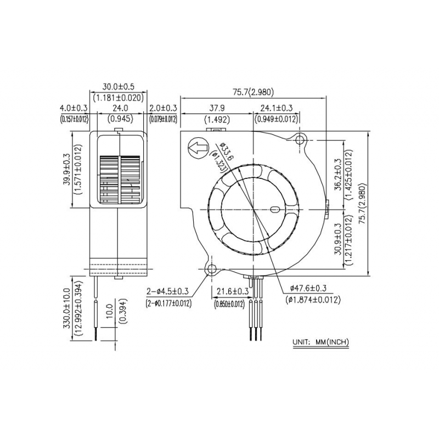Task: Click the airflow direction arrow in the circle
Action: (x=199, y=148)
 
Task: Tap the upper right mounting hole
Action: (x=300, y=139)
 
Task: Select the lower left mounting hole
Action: (x=211, y=269)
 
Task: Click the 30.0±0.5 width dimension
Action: (x=118, y=87)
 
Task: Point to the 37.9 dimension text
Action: (x=217, y=108)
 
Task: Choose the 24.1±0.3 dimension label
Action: (x=277, y=108)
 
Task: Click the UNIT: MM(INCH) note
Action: (x=321, y=342)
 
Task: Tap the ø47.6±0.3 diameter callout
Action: (x=308, y=288)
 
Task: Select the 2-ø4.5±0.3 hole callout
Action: (x=168, y=292)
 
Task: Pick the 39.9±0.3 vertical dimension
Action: (x=67, y=170)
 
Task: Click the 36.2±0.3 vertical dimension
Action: (x=338, y=175)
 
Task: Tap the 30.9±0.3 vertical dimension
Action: (x=338, y=239)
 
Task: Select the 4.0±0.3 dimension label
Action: (x=74, y=108)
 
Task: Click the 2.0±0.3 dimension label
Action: (x=163, y=108)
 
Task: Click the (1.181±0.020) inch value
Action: (x=118, y=98)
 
